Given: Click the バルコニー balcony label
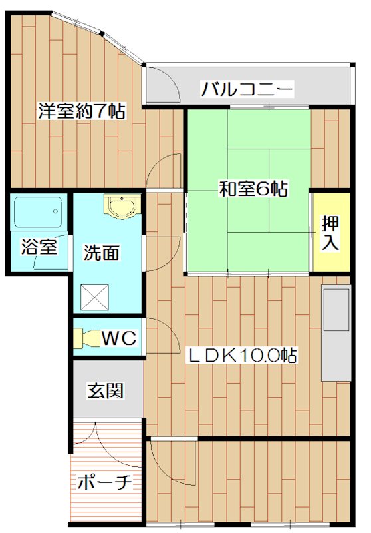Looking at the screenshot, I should coord(247,87).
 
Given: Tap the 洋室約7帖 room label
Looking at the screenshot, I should coord(81,111).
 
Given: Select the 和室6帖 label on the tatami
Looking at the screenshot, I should coord(253,189).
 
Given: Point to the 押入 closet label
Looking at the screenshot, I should coord(330,232).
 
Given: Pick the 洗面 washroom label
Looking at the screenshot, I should coord(102,253).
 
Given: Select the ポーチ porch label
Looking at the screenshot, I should coord(105,482).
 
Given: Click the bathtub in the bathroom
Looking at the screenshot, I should coord(38,213).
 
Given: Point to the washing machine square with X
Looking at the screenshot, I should coord(94,296).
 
